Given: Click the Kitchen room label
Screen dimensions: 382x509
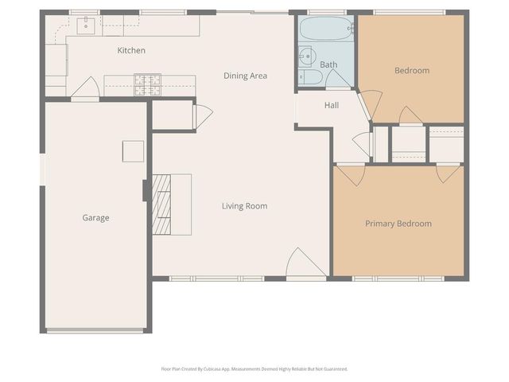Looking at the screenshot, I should tap(131, 51).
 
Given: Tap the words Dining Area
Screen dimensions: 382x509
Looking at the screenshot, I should tap(244, 76).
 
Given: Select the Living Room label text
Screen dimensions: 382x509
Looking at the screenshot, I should tap(244, 206).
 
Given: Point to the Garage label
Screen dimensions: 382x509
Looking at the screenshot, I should tap(95, 217).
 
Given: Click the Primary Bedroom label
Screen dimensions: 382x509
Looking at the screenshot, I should tap(398, 224).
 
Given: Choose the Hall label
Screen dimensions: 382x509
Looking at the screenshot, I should tap(332, 105).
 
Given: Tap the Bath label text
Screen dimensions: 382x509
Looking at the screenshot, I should tap(328, 64).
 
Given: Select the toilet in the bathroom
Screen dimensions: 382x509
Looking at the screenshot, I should tap(311, 77).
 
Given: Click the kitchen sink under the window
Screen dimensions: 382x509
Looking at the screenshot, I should tap(87, 27).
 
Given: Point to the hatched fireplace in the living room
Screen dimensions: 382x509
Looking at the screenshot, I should tap(162, 205).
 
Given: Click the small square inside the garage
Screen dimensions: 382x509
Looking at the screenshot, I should tap(133, 151).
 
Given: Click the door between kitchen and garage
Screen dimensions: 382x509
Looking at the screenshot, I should tap(84, 89).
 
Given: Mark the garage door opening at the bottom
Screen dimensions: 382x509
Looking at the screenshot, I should tap(95, 330).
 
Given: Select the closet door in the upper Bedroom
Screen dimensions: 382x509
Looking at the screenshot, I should tap(410, 116).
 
